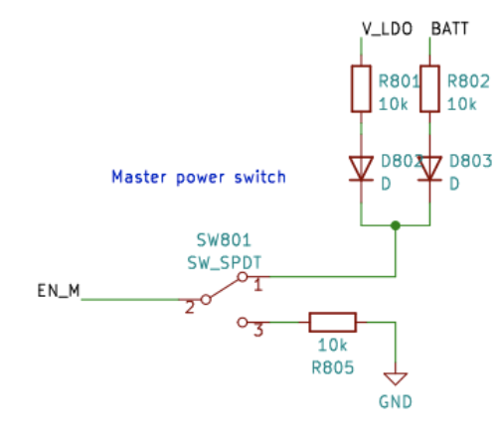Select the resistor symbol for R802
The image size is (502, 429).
click(429, 88)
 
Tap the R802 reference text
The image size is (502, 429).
click(469, 81)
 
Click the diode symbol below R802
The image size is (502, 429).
click(429, 168)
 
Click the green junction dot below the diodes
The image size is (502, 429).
click(397, 225)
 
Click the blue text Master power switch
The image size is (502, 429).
click(198, 178)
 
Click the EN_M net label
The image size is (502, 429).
click(60, 291)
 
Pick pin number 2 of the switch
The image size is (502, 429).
click(189, 307)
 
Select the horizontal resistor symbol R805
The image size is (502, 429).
click(332, 322)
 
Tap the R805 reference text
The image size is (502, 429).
click(331, 366)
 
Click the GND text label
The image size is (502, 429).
click(395, 402)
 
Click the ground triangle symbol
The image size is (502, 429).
click(396, 378)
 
